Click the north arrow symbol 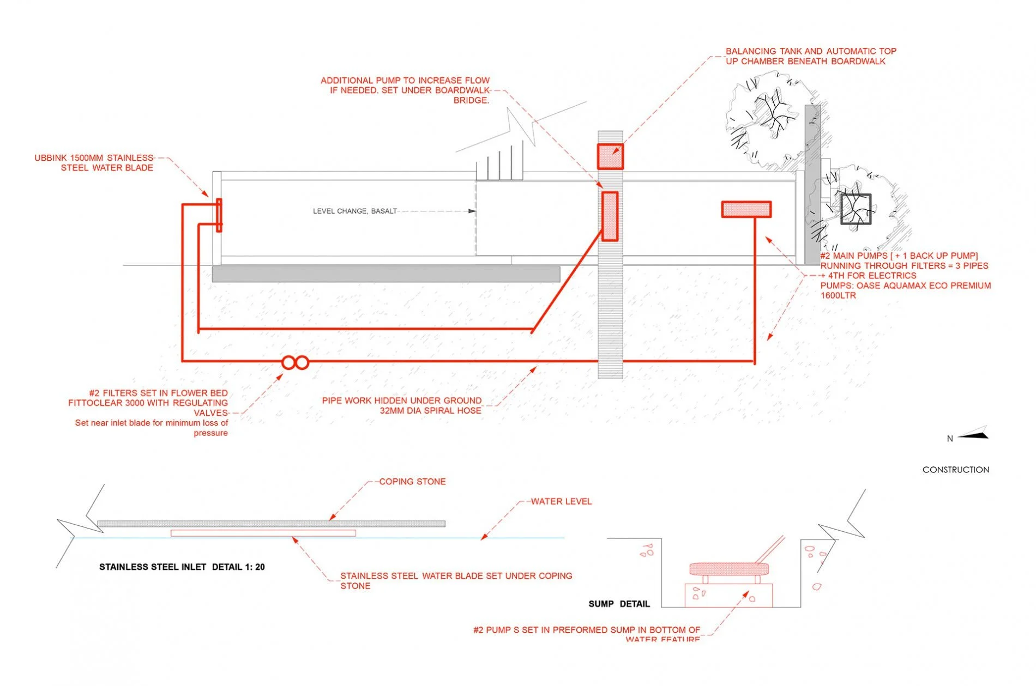(x=973, y=434)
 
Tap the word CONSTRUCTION (x=955, y=470)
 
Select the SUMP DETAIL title (x=619, y=604)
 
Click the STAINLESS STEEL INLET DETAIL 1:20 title (x=182, y=567)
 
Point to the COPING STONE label (x=412, y=482)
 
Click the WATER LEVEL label (x=561, y=501)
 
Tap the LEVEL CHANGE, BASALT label (x=355, y=211)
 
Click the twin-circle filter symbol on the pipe (x=295, y=362)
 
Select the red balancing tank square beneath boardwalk (x=610, y=157)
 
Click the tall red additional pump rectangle (x=610, y=216)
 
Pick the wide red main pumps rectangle (x=746, y=209)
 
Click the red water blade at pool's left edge (x=219, y=215)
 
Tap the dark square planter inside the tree (x=856, y=209)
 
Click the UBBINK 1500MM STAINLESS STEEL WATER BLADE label (x=94, y=163)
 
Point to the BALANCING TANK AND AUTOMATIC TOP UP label (x=810, y=56)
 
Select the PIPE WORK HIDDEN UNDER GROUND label (x=401, y=400)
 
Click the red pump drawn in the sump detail (x=729, y=569)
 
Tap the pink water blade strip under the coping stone (x=263, y=533)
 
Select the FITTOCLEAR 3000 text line (x=148, y=403)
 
